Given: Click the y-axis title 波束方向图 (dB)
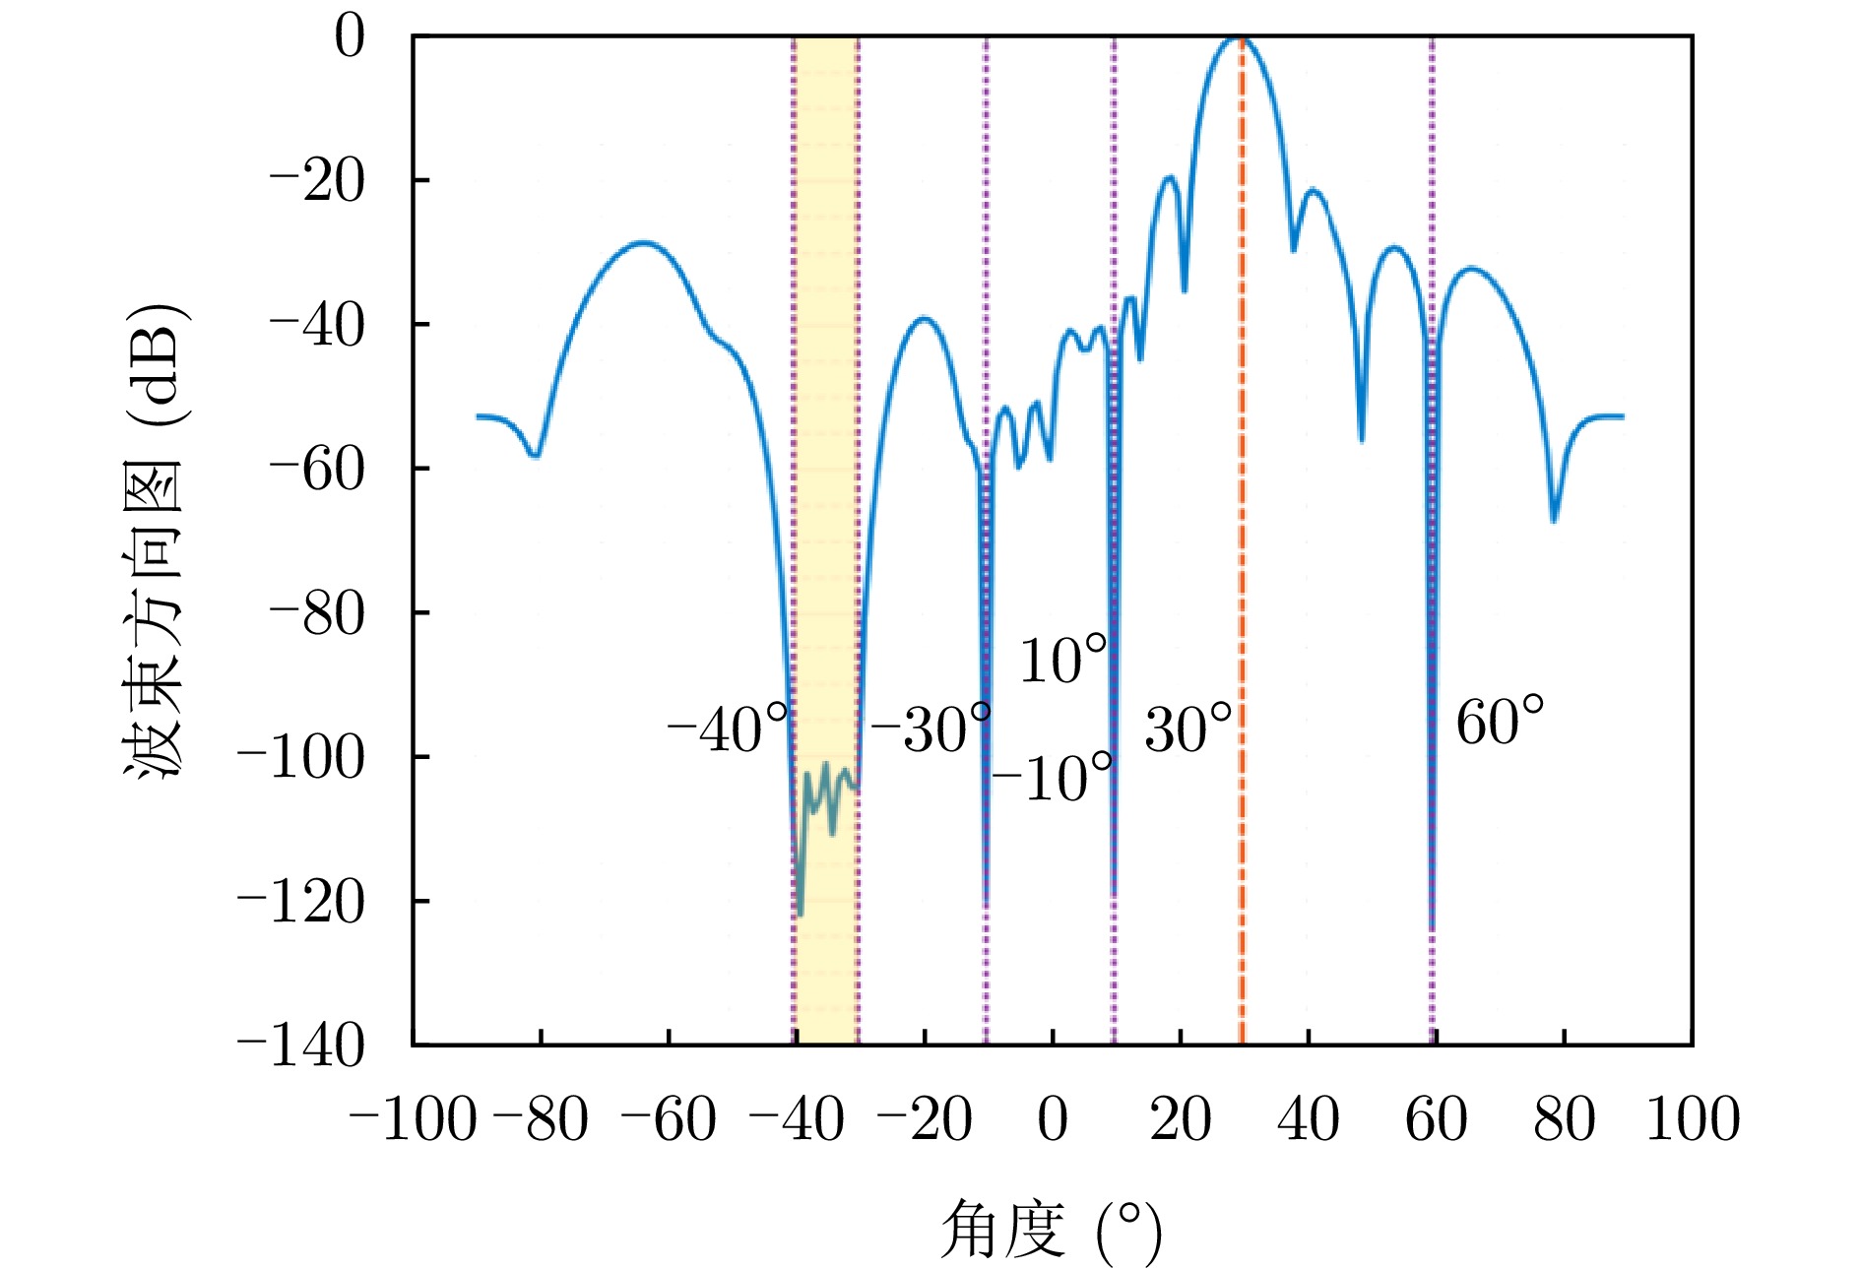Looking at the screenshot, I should [155, 540].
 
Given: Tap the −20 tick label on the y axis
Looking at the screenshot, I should [317, 181].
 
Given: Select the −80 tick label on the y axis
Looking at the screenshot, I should [317, 613].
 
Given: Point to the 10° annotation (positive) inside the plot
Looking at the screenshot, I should [1063, 661].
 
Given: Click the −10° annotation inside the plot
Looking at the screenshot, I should [1053, 780].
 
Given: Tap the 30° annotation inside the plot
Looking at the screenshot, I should [1188, 730].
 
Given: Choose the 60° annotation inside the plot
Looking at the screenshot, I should [1500, 724].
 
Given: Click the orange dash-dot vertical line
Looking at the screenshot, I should [1242, 591].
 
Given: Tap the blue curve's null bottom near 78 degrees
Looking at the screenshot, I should [1554, 519].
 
